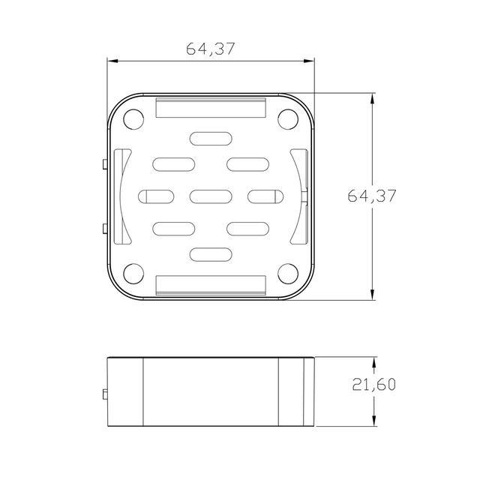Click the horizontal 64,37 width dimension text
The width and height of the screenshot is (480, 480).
[x=211, y=49]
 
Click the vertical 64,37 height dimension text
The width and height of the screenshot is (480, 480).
[x=372, y=196]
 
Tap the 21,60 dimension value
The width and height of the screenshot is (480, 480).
[x=373, y=385]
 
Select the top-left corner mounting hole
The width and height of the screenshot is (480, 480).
[x=133, y=119]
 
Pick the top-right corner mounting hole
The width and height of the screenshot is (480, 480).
[x=288, y=119]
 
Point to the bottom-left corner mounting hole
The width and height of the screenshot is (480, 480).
[x=133, y=273]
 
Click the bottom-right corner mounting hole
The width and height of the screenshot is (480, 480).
[x=288, y=273]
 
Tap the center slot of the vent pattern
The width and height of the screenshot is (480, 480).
[x=211, y=196]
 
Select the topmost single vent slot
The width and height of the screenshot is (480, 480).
[x=211, y=139]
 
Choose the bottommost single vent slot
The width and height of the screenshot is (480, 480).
[x=211, y=254]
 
